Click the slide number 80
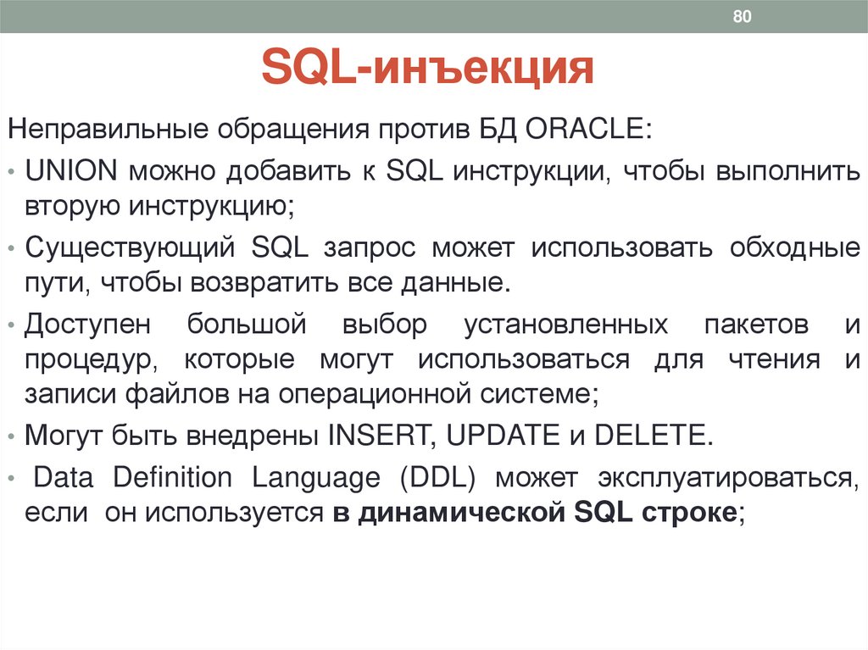(743, 18)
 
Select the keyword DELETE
(650, 435)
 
